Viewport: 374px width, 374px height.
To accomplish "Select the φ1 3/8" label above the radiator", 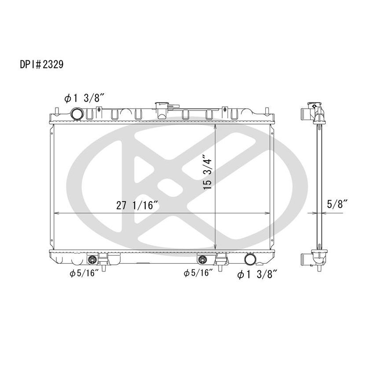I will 84,99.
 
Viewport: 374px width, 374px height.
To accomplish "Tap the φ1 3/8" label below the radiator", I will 257,275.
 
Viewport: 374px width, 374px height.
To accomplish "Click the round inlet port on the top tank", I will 78,114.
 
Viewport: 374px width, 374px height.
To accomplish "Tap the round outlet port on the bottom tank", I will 250,260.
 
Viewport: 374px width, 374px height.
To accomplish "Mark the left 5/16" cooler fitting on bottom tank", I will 93,259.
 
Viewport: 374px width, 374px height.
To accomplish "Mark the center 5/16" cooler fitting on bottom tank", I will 203,259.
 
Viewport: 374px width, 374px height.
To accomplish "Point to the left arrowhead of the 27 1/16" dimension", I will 55,213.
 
